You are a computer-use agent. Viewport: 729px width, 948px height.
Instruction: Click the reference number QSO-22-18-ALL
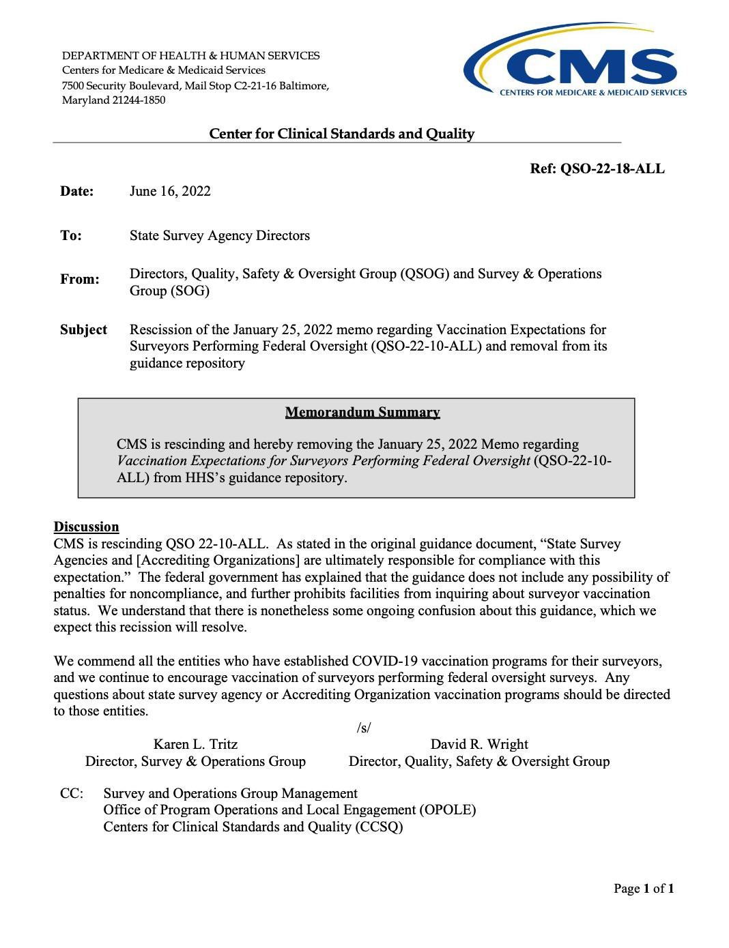click(x=597, y=168)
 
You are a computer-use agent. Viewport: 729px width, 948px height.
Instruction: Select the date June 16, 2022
click(x=170, y=191)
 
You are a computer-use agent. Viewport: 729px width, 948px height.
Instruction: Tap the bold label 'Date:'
click(x=76, y=191)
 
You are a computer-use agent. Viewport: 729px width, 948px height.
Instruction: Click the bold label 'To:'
click(x=70, y=235)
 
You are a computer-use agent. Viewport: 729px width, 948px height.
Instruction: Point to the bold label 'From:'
click(x=79, y=279)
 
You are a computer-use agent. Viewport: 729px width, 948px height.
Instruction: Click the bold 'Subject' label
click(x=83, y=329)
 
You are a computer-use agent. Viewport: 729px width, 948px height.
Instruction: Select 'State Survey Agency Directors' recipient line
click(x=219, y=235)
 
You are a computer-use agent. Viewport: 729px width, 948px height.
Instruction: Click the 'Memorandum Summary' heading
click(x=362, y=412)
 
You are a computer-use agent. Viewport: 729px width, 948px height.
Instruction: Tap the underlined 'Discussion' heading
click(x=86, y=527)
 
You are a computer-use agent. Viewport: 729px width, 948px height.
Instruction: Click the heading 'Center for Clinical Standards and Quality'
click(x=341, y=134)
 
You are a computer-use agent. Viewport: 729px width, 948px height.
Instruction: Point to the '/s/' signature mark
click(x=364, y=728)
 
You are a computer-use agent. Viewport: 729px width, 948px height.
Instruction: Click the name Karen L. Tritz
click(x=195, y=744)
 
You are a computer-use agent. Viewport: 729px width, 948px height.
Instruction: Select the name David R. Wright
click(x=479, y=744)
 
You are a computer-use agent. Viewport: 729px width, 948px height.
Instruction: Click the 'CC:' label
click(x=72, y=793)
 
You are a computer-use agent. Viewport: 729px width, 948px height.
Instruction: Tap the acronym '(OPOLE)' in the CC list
click(x=448, y=810)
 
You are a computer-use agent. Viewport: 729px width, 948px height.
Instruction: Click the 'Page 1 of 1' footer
click(x=643, y=888)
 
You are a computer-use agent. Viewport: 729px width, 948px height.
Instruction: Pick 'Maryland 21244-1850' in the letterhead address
click(x=113, y=100)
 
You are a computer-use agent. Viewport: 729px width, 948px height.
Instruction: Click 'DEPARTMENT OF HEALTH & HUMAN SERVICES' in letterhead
click(x=190, y=55)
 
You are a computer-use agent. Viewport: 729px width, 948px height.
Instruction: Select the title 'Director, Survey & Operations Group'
click(x=195, y=761)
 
